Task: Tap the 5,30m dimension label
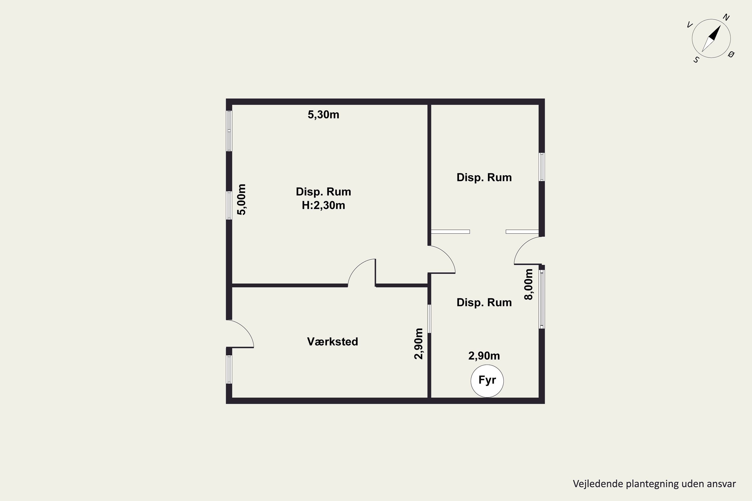[323, 114]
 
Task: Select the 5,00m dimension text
[242, 199]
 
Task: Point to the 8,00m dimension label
[528, 284]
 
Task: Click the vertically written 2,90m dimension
[419, 343]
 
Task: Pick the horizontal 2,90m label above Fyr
[484, 356]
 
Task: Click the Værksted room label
[333, 342]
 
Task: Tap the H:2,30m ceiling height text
[324, 205]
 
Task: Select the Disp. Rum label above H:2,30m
[324, 192]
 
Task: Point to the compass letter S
[696, 60]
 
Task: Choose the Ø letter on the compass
[731, 54]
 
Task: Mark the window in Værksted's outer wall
[229, 369]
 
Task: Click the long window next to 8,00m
[542, 299]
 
